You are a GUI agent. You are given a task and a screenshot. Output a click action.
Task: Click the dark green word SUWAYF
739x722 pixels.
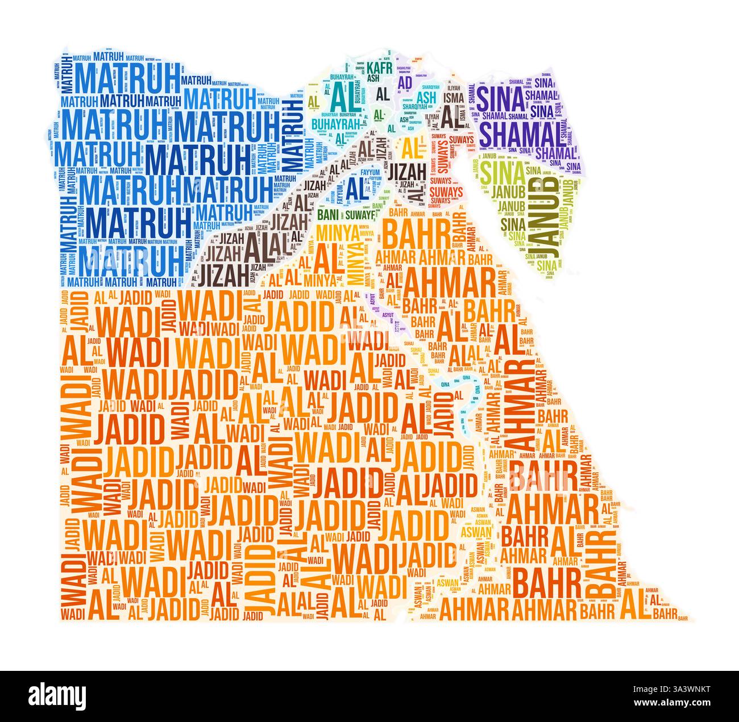358,215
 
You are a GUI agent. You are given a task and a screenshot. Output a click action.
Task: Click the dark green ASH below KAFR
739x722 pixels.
373,79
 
